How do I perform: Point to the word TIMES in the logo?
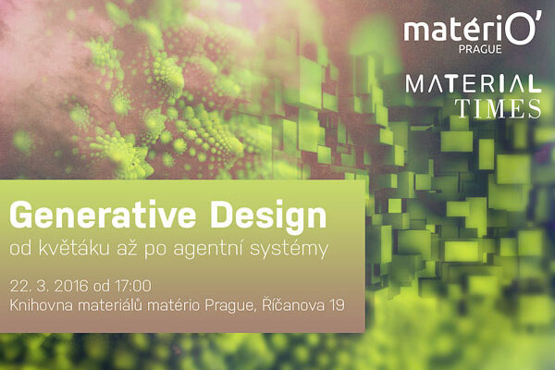(502, 109)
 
